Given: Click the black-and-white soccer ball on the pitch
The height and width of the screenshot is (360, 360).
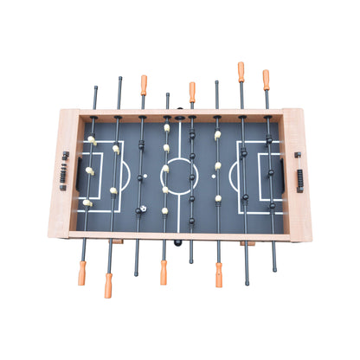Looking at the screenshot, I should coord(142,209).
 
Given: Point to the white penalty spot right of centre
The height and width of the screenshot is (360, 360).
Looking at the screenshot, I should coord(214,176).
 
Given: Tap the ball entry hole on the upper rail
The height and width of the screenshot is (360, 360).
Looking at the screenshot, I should coord(179,117).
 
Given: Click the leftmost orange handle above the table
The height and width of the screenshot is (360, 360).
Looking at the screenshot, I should coord(144,85).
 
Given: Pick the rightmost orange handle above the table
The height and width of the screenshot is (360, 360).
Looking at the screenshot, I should coord(266,80).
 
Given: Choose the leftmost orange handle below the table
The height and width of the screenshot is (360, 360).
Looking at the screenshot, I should coord(82,273).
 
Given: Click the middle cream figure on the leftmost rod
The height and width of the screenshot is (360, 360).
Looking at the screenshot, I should coord(90,170).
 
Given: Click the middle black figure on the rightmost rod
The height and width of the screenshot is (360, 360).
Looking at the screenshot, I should coord(269,172).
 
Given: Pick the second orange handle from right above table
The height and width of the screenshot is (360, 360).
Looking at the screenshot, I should coord(241,72).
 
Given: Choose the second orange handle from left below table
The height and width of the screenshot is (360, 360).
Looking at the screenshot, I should coord(109,285).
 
